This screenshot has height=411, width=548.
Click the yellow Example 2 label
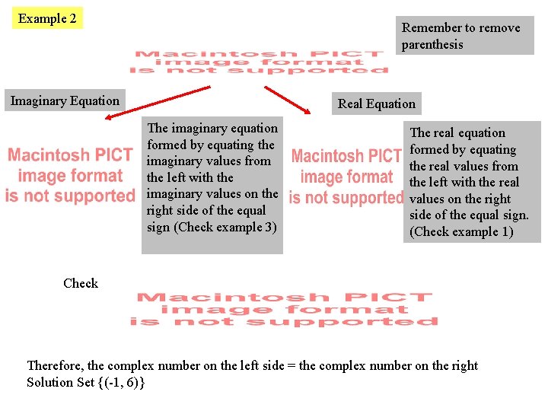(47, 18)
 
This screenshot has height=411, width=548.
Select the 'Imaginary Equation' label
(65, 100)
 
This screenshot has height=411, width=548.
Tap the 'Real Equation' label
(376, 104)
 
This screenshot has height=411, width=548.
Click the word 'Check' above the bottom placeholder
(81, 283)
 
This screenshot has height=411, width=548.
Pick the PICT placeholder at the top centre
(260, 62)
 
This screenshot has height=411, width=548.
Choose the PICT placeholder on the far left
(70, 176)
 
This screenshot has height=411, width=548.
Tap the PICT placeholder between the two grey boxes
(346, 177)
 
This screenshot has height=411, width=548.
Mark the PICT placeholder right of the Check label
(284, 309)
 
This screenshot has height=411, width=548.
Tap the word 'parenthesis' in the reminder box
(432, 44)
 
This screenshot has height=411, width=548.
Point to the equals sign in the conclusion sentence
(292, 365)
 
